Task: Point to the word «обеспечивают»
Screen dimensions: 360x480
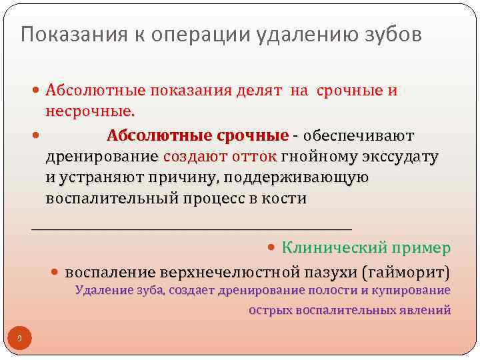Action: click(x=358, y=136)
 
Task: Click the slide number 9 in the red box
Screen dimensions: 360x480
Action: click(x=19, y=339)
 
